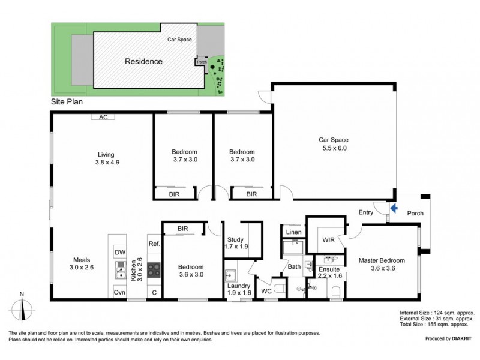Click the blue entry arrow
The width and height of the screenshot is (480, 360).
click(x=394, y=209)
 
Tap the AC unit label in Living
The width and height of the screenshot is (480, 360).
click(x=103, y=118)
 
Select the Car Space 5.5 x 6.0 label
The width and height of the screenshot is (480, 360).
click(x=333, y=143)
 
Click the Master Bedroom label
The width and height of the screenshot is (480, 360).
click(x=382, y=264)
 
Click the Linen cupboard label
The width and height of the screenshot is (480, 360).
click(x=293, y=232)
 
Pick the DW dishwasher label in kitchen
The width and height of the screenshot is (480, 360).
click(x=120, y=253)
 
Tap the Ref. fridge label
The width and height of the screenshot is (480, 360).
click(x=153, y=244)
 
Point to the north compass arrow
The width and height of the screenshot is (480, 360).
click(x=22, y=307)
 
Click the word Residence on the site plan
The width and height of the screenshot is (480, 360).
click(x=143, y=61)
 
